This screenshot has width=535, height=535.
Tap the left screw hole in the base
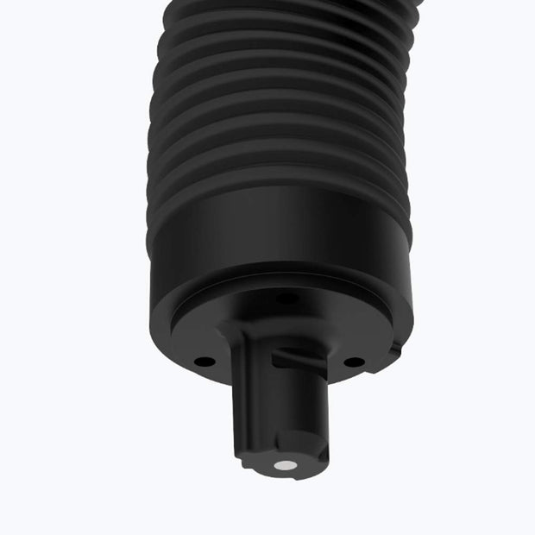[x=203, y=362]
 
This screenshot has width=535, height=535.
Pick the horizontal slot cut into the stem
[x=298, y=356]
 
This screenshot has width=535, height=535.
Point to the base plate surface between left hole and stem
[x=220, y=358]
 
